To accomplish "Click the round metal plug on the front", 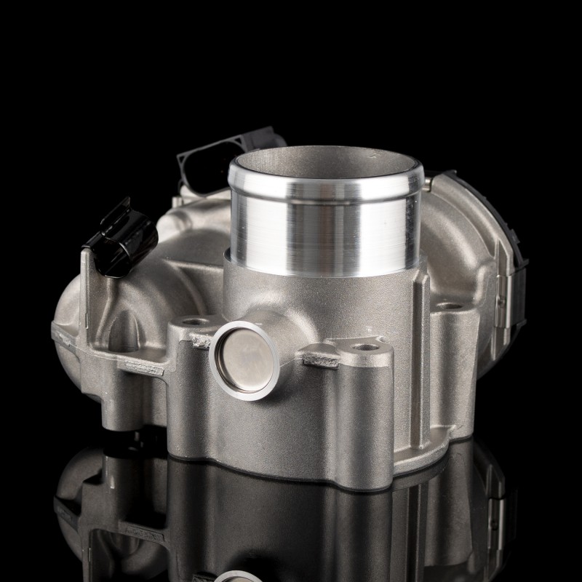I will [238, 360].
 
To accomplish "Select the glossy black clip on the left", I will [126, 231].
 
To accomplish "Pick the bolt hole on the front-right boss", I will [365, 348].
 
